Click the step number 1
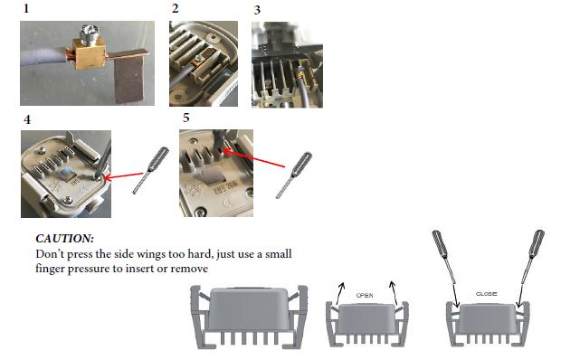[x=26, y=8]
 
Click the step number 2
[x=175, y=8]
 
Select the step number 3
[x=257, y=10]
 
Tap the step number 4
[x=27, y=119]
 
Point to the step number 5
[x=186, y=118]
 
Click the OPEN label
[x=365, y=295]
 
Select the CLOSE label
[x=486, y=294]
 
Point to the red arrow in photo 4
[x=124, y=175]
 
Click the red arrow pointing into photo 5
[x=254, y=158]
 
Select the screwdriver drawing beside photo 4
[x=150, y=170]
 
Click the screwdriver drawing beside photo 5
[x=294, y=175]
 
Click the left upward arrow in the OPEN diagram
[x=339, y=294]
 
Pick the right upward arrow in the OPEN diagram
[x=394, y=293]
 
